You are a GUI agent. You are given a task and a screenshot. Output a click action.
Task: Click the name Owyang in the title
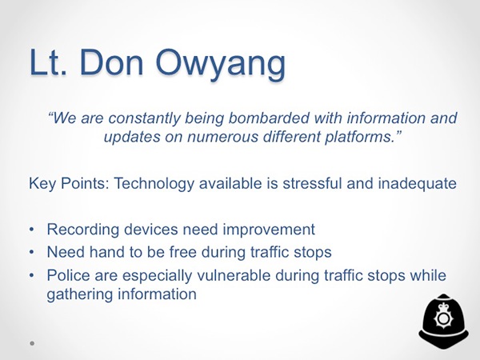pyautogui.click(x=221, y=64)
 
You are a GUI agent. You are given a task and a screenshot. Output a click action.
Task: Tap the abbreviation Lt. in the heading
pyautogui.click(x=48, y=62)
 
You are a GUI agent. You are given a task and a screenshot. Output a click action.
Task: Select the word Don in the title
pyautogui.click(x=111, y=62)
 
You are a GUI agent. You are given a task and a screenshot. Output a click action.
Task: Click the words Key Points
pyautogui.click(x=69, y=183)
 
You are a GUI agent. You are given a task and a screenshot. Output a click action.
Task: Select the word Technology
pyautogui.click(x=154, y=184)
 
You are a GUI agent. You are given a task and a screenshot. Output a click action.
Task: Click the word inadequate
pyautogui.click(x=418, y=184)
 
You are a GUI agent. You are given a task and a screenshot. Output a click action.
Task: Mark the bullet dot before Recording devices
pyautogui.click(x=32, y=230)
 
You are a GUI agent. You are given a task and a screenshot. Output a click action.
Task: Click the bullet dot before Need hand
pyautogui.click(x=32, y=252)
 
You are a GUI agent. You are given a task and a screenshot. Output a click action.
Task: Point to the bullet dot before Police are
pyautogui.click(x=32, y=275)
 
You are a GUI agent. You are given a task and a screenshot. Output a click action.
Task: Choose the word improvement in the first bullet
pyautogui.click(x=269, y=230)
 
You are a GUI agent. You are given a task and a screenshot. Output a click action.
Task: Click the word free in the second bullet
pyautogui.click(x=182, y=252)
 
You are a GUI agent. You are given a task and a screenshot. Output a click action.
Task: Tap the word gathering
pyautogui.click(x=80, y=294)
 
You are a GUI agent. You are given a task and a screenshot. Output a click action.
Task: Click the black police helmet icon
pyautogui.click(x=443, y=322)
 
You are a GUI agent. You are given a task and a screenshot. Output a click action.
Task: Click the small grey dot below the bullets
pyautogui.click(x=32, y=343)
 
